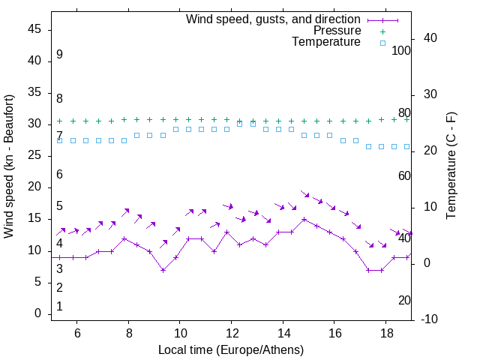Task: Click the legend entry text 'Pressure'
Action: click(337, 31)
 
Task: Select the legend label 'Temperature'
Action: click(326, 42)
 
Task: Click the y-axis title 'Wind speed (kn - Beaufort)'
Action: click(9, 166)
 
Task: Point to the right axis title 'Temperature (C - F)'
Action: click(451, 166)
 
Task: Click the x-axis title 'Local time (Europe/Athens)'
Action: click(231, 350)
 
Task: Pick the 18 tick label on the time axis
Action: click(385, 332)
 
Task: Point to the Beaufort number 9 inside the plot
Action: click(59, 55)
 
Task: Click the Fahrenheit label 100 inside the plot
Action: click(402, 50)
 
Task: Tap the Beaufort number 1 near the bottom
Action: click(59, 307)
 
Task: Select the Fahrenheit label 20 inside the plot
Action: click(404, 301)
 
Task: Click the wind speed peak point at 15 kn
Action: click(304, 220)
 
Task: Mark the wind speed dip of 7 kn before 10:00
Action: click(163, 270)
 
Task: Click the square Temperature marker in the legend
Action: click(382, 43)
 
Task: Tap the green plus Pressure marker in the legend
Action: click(382, 31)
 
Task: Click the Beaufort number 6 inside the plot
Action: click(59, 175)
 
